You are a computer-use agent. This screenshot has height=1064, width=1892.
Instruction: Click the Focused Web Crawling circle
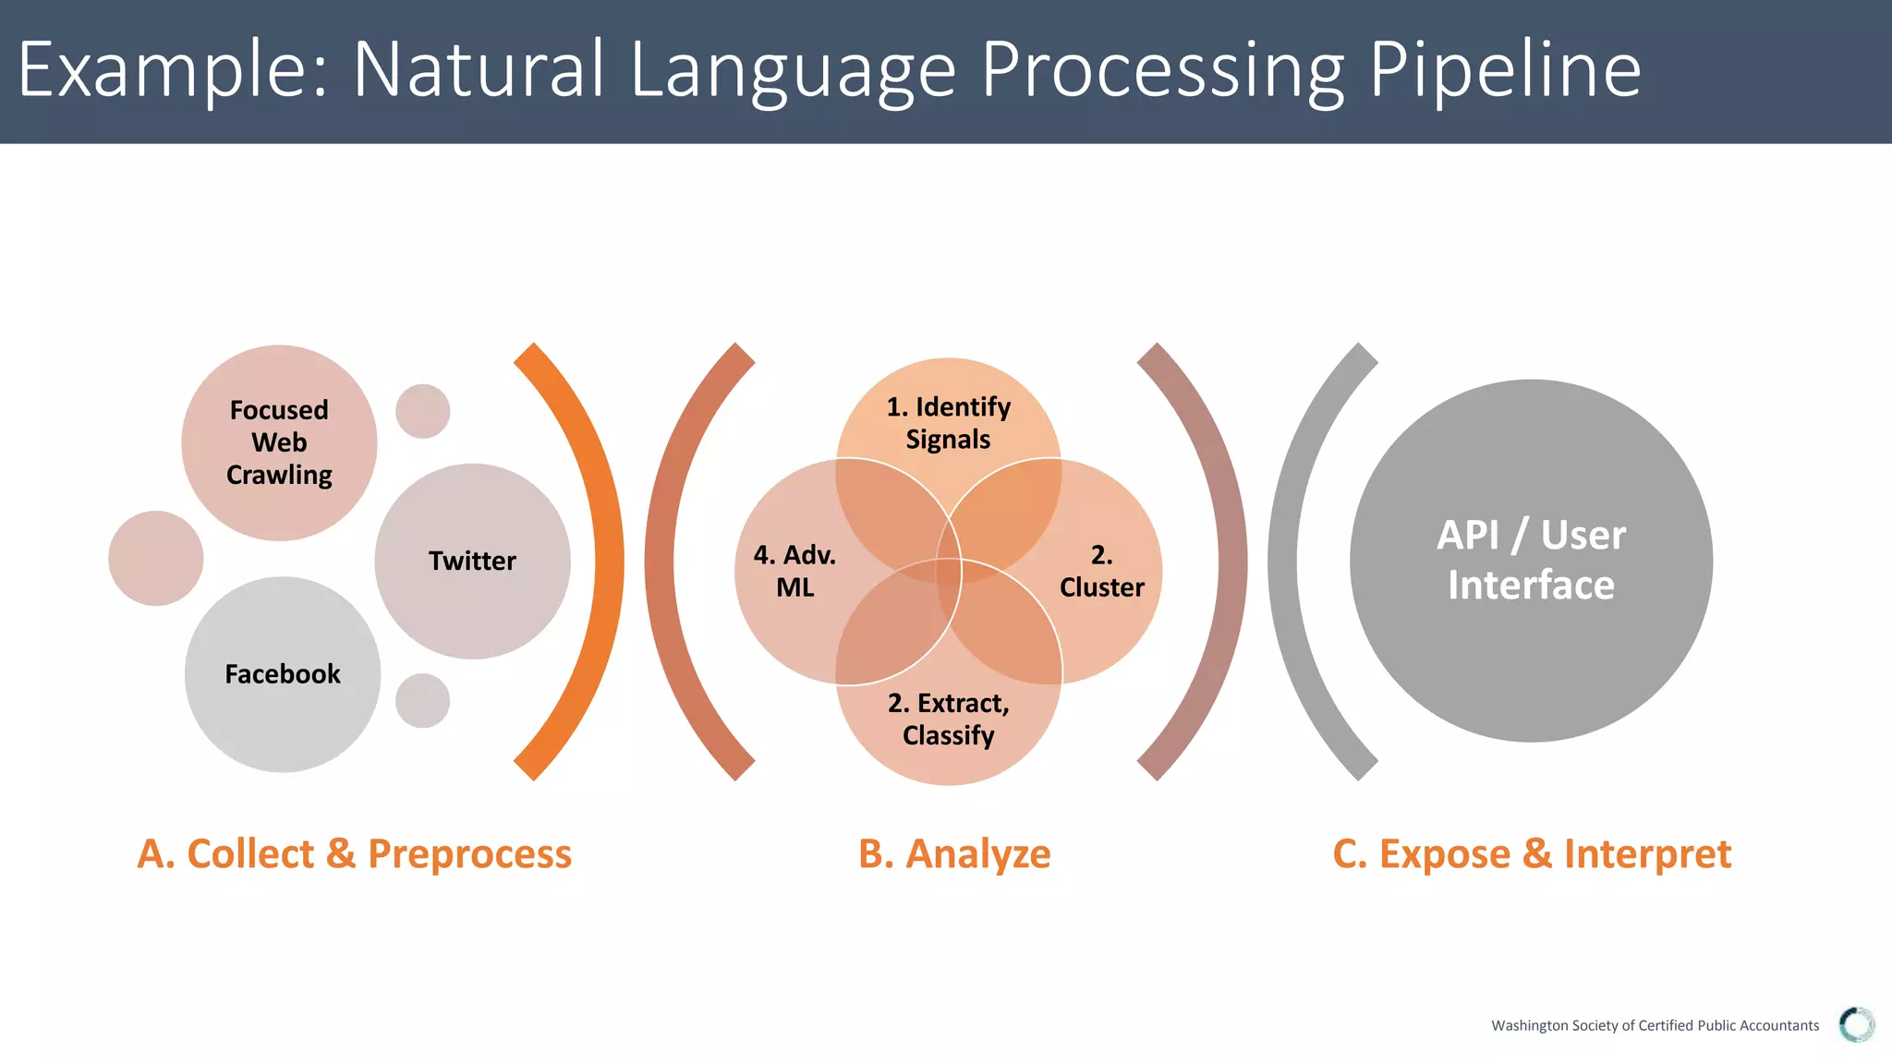pyautogui.click(x=279, y=442)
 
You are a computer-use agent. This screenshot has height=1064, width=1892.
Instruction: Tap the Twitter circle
pyautogui.click(x=472, y=561)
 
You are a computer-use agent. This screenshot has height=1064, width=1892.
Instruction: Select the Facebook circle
pyautogui.click(x=283, y=674)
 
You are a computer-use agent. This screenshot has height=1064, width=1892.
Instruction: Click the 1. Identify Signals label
pyautogui.click(x=949, y=423)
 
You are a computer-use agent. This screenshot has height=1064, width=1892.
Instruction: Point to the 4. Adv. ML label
pyautogui.click(x=794, y=571)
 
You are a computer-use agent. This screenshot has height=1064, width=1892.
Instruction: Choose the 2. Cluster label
pyautogui.click(x=1101, y=571)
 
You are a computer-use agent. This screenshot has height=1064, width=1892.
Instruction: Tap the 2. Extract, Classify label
pyautogui.click(x=949, y=719)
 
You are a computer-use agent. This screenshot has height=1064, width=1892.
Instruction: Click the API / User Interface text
pyautogui.click(x=1531, y=560)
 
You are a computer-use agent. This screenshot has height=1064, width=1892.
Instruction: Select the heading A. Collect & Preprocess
pyautogui.click(x=355, y=853)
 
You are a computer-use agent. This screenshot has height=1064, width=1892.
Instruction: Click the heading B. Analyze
pyautogui.click(x=954, y=853)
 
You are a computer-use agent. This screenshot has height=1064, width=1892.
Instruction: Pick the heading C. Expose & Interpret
pyautogui.click(x=1532, y=853)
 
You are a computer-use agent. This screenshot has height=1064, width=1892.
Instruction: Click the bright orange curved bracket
pyautogui.click(x=605, y=561)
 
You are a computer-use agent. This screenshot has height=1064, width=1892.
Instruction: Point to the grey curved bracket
pyautogui.click(x=1284, y=561)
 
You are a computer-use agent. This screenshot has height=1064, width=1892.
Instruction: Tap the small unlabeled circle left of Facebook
pyautogui.click(x=155, y=558)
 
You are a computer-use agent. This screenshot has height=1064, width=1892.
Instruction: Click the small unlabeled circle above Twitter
pyautogui.click(x=423, y=411)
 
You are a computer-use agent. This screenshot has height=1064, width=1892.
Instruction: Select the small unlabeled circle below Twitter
pyautogui.click(x=423, y=700)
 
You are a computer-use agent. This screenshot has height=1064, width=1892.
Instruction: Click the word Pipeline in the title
pyautogui.click(x=1504, y=69)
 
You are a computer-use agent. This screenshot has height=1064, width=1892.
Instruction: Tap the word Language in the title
pyautogui.click(x=793, y=69)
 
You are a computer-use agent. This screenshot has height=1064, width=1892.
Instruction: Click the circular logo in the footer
pyautogui.click(x=1856, y=1024)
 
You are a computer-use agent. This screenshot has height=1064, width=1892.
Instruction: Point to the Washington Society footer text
pyautogui.click(x=1655, y=1025)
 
